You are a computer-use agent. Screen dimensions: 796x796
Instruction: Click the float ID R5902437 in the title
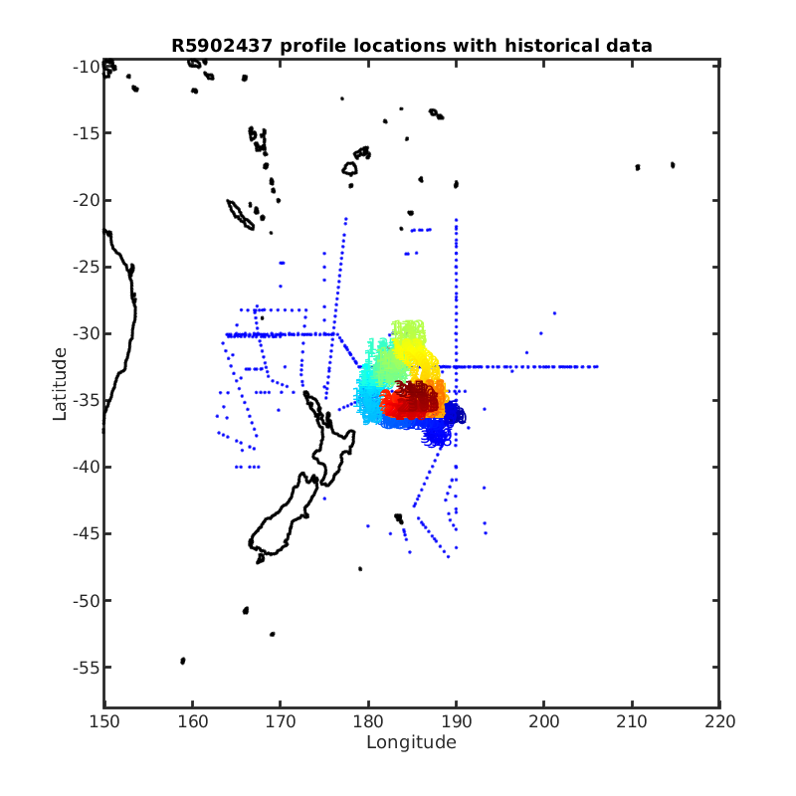point(222,46)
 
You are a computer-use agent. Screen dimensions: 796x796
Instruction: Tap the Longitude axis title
point(411,742)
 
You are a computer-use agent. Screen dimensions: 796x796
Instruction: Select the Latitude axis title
point(60,384)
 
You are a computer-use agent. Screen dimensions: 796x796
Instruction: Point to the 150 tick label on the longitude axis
point(104,721)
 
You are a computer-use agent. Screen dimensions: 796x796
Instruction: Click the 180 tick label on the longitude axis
point(368,721)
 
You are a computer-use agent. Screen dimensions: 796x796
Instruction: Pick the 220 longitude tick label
point(719,721)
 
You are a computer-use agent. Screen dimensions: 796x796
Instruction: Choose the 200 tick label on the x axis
point(543,721)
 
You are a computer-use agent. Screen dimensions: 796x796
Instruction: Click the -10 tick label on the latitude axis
point(86,67)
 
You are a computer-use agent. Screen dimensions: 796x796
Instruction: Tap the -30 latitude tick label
point(86,333)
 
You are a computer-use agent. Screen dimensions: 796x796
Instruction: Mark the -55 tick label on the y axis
point(86,667)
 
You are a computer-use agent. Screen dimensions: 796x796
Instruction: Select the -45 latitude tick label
point(86,533)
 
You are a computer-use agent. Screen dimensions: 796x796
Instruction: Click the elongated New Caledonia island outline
point(240,215)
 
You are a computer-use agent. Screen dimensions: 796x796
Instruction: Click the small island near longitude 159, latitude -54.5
point(183,661)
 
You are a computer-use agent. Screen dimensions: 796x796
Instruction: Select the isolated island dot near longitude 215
point(673,165)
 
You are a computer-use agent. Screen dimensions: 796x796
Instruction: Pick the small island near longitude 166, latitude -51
point(246,610)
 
